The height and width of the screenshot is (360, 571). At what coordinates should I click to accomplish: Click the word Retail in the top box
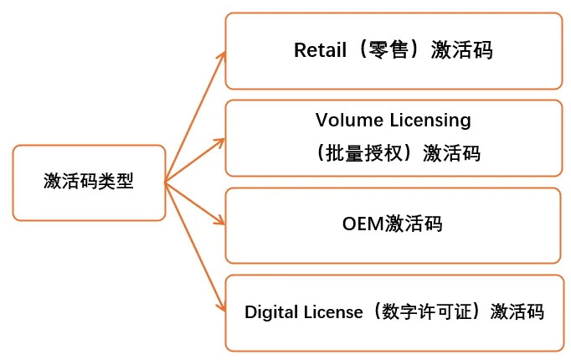tap(320, 50)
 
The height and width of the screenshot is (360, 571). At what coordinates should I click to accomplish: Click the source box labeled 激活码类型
tap(89, 183)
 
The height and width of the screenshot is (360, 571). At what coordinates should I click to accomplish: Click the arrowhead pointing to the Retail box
tap(221, 56)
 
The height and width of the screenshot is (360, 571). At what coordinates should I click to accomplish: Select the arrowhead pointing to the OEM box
tap(220, 221)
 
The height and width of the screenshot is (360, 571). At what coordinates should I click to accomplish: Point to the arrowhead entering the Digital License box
tap(221, 309)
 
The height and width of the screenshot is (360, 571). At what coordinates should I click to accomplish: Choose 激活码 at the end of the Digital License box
tap(519, 312)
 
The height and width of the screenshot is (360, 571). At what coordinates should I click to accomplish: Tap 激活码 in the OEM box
tap(414, 224)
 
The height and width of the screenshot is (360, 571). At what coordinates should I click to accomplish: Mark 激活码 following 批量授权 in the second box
tap(452, 153)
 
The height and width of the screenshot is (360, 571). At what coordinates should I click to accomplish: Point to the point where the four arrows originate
tap(166, 183)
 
